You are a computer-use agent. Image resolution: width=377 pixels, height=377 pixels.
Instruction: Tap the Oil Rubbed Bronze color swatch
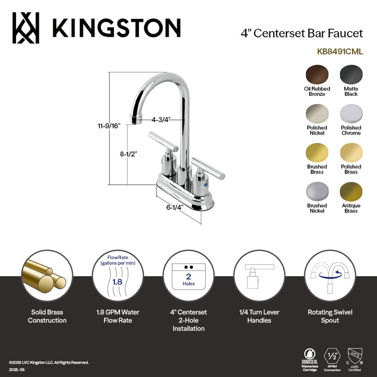(x=317, y=74)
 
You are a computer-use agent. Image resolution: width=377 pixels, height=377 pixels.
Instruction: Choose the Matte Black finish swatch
(x=351, y=74)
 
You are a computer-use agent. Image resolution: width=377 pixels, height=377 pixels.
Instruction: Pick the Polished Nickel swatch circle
(x=317, y=114)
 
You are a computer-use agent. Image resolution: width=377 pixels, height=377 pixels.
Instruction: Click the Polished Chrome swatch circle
(x=351, y=114)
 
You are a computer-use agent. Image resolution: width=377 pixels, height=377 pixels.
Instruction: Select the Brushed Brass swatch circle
(x=317, y=153)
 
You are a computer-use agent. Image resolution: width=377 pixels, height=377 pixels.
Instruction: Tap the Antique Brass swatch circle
(x=351, y=192)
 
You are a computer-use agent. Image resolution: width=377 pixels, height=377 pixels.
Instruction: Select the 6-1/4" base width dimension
(x=176, y=206)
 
